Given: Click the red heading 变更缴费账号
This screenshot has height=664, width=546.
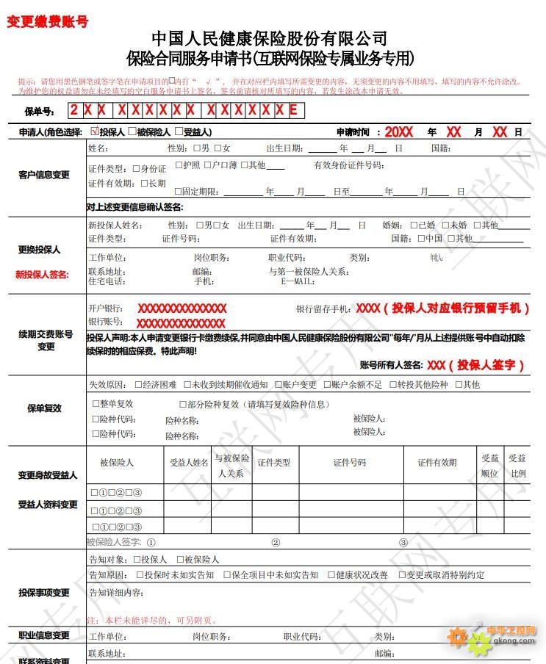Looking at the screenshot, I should (x=47, y=22).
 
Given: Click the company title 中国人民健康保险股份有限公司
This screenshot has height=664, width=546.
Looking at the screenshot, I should (x=270, y=38).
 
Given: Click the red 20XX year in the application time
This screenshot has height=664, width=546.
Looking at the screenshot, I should (x=399, y=132).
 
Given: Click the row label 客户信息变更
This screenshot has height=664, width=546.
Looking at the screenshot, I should (x=44, y=175).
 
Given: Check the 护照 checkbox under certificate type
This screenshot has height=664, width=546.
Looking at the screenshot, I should (x=178, y=165).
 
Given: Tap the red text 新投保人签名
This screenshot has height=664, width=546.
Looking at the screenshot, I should (x=42, y=275).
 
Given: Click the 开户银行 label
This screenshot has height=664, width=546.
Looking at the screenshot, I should (x=106, y=308).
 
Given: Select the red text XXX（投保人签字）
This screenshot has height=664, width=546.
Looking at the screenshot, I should (x=476, y=365).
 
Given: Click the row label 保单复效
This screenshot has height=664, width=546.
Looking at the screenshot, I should (x=44, y=408).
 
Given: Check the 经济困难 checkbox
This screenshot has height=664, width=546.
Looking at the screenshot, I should (x=139, y=384).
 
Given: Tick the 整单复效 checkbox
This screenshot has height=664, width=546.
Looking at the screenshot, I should (x=96, y=403).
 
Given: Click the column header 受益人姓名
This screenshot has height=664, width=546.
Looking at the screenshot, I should (x=189, y=463).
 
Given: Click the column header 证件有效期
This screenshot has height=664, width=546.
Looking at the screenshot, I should (x=437, y=463).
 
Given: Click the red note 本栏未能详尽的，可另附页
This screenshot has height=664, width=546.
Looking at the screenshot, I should (x=151, y=621).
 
